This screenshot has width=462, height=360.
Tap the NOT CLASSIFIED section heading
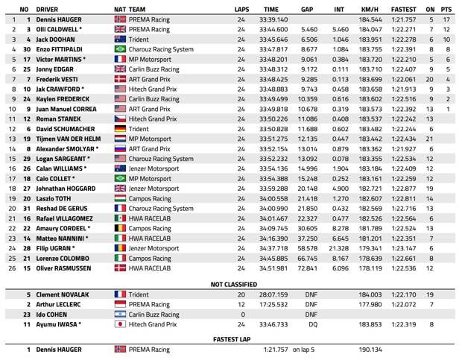click(x=234, y=284)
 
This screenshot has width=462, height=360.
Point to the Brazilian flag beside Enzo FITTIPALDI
click(x=120, y=48)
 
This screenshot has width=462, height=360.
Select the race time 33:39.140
click(x=274, y=19)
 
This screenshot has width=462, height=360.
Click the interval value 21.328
click(x=338, y=247)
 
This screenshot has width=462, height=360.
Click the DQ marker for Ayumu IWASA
click(x=311, y=325)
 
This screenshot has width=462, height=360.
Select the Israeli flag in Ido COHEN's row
click(x=120, y=315)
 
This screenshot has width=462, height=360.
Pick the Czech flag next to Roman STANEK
click(x=120, y=119)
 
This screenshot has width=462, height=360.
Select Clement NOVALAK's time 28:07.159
click(x=274, y=294)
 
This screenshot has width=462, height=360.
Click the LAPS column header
click(x=241, y=9)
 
